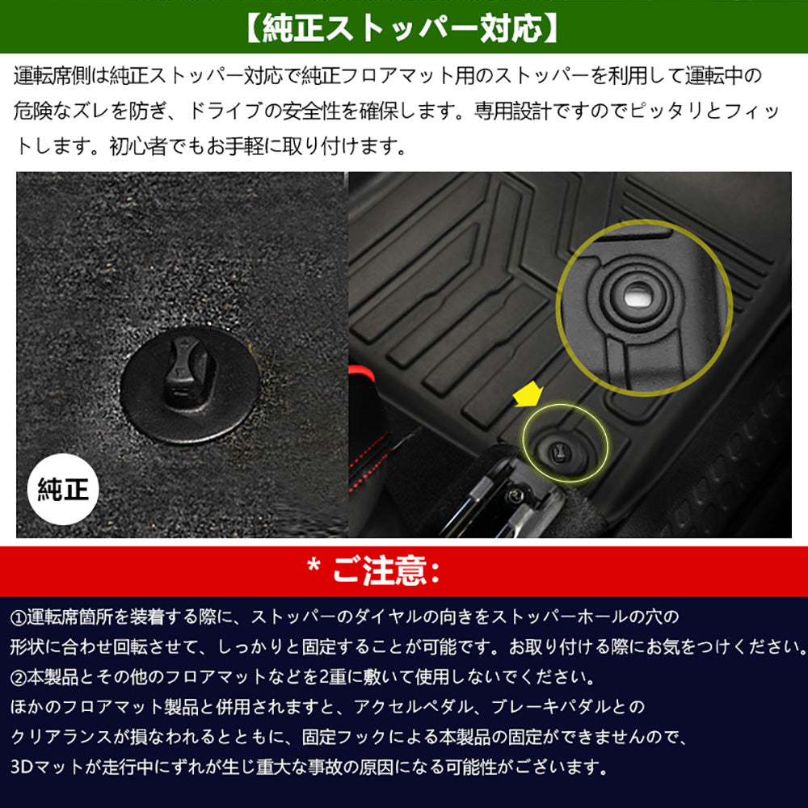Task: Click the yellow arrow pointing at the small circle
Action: pyautogui.click(x=529, y=397)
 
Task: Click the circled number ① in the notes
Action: pyautogui.click(x=19, y=618)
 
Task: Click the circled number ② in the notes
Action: pyautogui.click(x=19, y=675)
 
